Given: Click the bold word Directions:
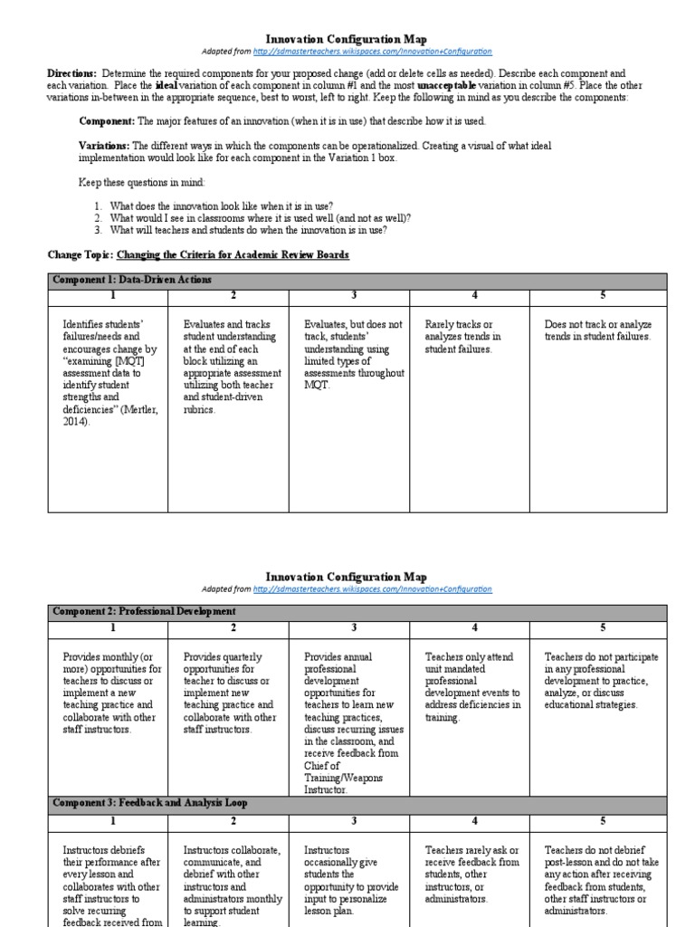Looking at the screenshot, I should tap(71, 72).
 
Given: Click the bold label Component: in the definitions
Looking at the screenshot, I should tap(107, 120).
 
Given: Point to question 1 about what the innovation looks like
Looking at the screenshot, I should tap(222, 206).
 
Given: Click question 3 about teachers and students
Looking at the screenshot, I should tap(248, 230).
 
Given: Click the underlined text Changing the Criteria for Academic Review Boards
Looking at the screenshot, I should tap(233, 254).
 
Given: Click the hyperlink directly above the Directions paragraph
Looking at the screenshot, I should tap(373, 53).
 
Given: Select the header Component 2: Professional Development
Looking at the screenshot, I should tap(144, 612).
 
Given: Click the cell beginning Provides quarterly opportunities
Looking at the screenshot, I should tap(228, 693).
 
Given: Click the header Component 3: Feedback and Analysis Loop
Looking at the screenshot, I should tap(149, 802).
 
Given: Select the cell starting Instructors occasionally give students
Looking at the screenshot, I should tap(348, 881).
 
